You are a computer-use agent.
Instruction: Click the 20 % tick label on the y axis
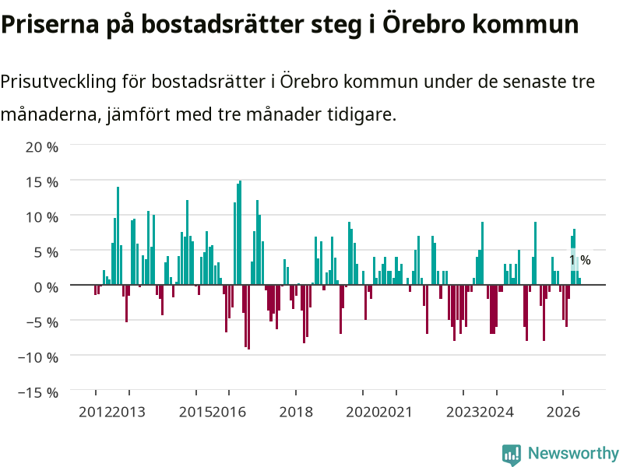(42, 147)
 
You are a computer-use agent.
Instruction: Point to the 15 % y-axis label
(42, 182)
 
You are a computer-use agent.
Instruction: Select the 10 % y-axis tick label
(42, 217)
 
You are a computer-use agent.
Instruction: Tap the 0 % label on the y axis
(46, 287)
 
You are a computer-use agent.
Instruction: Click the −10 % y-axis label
(38, 357)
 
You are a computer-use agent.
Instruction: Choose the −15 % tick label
(38, 392)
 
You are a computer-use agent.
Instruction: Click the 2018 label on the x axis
(296, 412)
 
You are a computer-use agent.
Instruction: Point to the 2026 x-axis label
(563, 412)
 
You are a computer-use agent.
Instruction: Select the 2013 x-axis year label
(129, 412)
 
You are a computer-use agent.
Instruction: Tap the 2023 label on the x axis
(463, 412)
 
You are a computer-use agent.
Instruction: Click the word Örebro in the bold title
(424, 23)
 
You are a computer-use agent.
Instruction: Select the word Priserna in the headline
(50, 24)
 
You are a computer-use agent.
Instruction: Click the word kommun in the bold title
(525, 24)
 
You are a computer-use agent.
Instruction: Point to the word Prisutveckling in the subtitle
(58, 83)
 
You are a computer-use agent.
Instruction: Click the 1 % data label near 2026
(580, 260)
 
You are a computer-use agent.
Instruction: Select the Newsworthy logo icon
(512, 455)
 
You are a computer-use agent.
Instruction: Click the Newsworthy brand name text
(573, 453)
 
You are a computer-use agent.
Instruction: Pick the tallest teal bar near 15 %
(240, 233)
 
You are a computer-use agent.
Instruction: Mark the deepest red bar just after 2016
(248, 317)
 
